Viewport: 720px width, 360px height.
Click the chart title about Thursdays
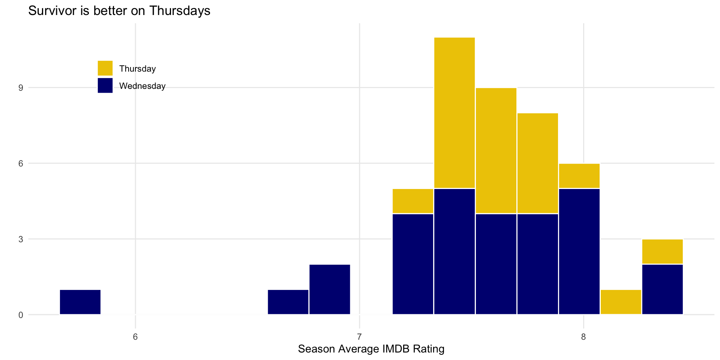[119, 11]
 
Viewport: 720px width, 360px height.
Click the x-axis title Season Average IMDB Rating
[371, 349]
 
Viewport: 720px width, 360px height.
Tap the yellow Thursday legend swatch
[105, 68]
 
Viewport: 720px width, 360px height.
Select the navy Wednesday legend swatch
[105, 85]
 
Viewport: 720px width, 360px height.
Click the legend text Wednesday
[142, 86]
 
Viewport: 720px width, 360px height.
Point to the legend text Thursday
[137, 69]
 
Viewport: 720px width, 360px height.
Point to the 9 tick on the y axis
[21, 88]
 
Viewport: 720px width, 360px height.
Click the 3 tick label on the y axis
[21, 239]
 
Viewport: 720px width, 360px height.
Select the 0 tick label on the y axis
[21, 315]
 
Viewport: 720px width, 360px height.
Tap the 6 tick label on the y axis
[21, 163]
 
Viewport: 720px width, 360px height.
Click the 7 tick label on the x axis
[359, 336]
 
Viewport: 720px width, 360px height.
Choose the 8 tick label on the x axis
[583, 336]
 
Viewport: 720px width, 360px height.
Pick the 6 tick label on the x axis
[135, 336]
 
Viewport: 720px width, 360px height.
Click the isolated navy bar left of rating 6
[80, 302]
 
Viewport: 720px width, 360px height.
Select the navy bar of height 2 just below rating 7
[330, 289]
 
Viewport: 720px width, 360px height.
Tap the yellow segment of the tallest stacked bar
[454, 112]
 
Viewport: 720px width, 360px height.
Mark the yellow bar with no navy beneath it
[621, 302]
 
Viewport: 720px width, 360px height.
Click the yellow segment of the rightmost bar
[662, 252]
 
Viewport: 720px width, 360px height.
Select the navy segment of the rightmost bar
[662, 289]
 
